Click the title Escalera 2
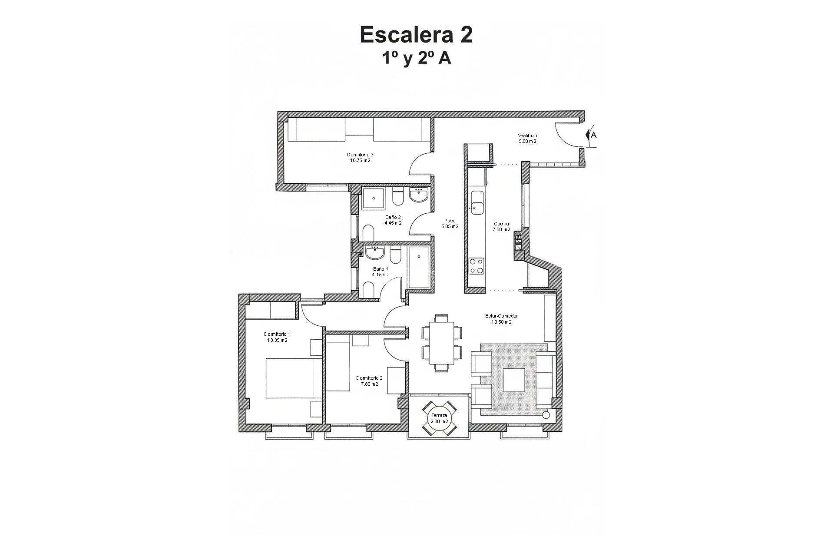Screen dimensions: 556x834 point(416,35)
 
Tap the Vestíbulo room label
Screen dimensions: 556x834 point(527,138)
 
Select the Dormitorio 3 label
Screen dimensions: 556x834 point(360,157)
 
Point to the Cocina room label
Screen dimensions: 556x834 point(501,227)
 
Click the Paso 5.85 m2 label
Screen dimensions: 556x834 point(450,223)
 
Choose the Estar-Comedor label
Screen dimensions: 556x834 point(501,319)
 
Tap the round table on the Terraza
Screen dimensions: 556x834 point(439,418)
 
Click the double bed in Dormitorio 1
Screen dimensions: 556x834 point(293,378)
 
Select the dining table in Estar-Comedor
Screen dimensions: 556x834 point(441,343)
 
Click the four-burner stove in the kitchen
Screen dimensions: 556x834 point(477,265)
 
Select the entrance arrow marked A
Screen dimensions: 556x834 point(591,135)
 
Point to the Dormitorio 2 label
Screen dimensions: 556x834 point(369,381)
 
